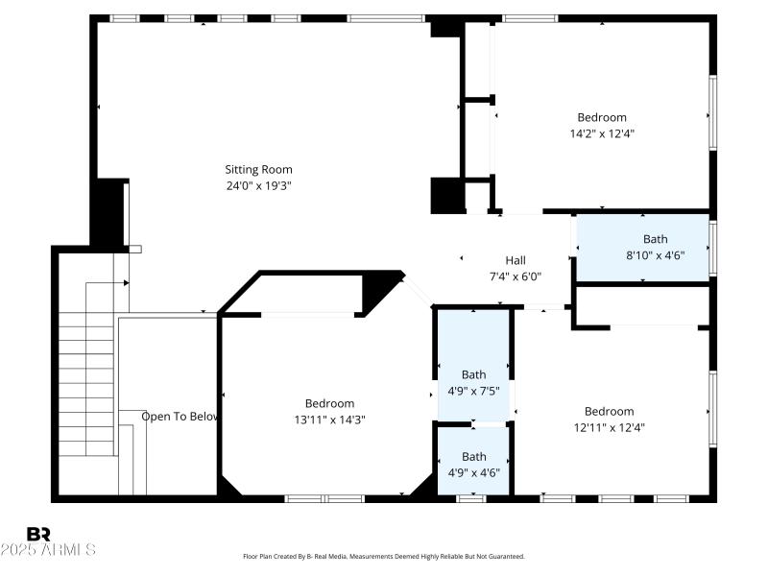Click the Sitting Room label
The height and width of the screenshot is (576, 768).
click(x=258, y=170)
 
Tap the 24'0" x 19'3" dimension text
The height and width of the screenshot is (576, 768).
click(x=258, y=185)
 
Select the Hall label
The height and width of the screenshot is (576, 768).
click(x=516, y=260)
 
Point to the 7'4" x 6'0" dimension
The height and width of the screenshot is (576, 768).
click(x=516, y=276)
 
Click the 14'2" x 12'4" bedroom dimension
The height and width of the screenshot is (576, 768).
click(x=602, y=133)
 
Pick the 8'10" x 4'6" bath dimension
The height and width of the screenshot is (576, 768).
click(x=655, y=255)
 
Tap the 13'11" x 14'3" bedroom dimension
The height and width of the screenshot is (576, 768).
click(x=329, y=419)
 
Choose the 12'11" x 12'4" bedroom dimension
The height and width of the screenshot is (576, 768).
click(x=609, y=427)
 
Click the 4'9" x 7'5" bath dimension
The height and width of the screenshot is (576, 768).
click(x=473, y=391)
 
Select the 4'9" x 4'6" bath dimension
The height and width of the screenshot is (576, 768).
click(x=473, y=472)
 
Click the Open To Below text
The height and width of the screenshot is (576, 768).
click(x=180, y=417)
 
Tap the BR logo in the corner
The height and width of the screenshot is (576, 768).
click(x=38, y=534)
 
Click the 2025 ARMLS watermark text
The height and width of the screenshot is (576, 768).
click(x=48, y=550)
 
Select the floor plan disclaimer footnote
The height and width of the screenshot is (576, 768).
click(x=384, y=556)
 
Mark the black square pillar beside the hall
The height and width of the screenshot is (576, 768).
click(x=445, y=196)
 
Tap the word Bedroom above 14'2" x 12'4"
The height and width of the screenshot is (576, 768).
click(x=602, y=118)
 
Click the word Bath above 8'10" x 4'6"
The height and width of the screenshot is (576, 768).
click(x=655, y=239)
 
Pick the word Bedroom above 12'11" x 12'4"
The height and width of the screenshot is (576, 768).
click(x=609, y=412)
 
